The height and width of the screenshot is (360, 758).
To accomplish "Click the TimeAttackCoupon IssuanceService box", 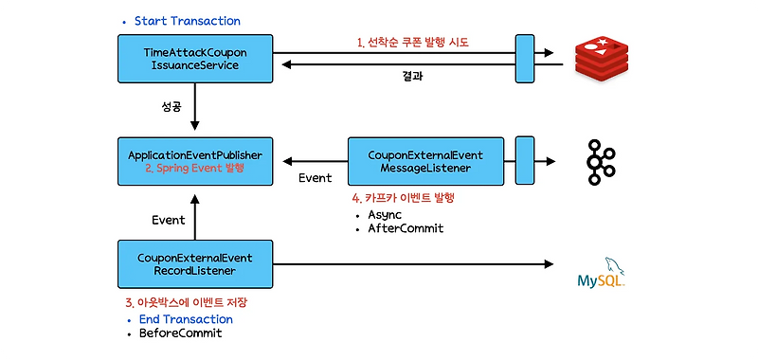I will click(x=195, y=58).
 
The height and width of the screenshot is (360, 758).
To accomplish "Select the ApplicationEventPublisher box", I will click(x=195, y=160).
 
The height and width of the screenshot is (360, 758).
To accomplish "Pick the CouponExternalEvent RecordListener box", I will click(x=195, y=263).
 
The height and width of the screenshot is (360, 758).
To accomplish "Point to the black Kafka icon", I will click(x=602, y=161).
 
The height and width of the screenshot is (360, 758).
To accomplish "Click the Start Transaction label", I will click(x=187, y=21).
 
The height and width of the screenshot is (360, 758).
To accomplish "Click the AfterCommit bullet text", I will click(x=406, y=229).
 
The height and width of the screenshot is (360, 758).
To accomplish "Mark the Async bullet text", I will click(x=388, y=214).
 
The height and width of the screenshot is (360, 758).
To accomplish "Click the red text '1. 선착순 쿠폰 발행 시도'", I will click(x=412, y=43).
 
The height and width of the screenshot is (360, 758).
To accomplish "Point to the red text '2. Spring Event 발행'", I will click(x=195, y=168).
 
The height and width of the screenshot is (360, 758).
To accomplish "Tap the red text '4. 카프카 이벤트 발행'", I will click(x=403, y=198).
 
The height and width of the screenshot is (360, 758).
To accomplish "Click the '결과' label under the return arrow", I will click(x=413, y=77).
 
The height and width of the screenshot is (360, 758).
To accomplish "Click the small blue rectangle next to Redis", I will click(x=523, y=58).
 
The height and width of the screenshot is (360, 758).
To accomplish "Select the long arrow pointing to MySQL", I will click(x=412, y=263).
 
